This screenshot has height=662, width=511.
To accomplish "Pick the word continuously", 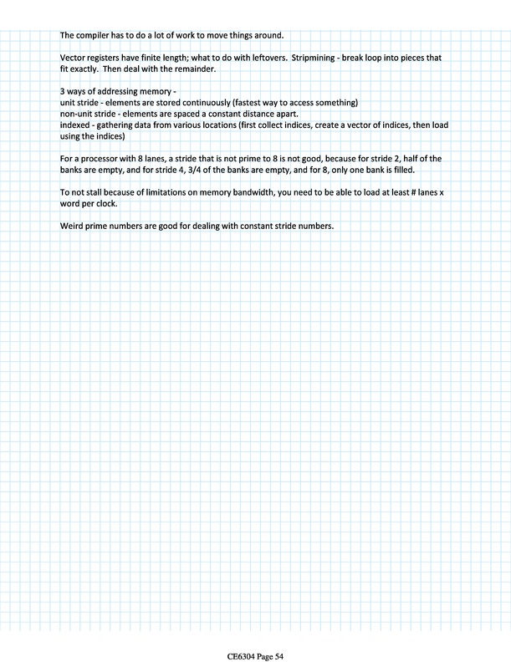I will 196,102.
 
